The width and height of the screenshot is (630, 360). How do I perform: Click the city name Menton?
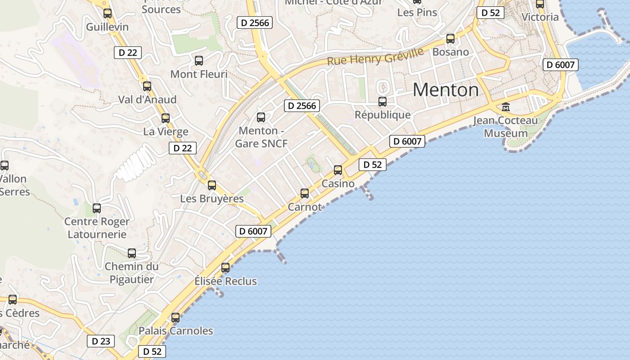pyautogui.click(x=445, y=90)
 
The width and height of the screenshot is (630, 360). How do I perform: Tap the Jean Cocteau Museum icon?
pyautogui.click(x=506, y=107)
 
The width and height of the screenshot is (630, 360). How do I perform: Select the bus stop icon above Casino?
pyautogui.click(x=338, y=170)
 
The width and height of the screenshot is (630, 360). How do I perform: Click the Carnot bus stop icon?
pyautogui.click(x=305, y=193)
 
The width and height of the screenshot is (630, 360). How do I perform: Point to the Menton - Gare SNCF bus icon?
pyautogui.click(x=261, y=117)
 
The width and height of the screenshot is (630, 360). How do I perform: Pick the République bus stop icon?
pyautogui.click(x=382, y=102)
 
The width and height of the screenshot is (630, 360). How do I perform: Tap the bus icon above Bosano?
pyautogui.click(x=450, y=39)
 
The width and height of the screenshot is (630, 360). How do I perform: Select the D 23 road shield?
pyautogui.click(x=101, y=341)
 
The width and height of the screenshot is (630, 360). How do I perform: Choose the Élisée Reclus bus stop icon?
pyautogui.click(x=225, y=268)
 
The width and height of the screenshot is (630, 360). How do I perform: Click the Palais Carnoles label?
pyautogui.click(x=175, y=331)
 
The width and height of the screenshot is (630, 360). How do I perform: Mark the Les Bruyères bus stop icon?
pyautogui.click(x=212, y=185)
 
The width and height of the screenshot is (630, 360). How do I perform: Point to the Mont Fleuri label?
pyautogui.click(x=199, y=74)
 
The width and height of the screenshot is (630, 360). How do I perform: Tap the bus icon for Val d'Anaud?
pyautogui.click(x=147, y=86)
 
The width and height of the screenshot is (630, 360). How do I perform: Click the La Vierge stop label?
pyautogui.click(x=166, y=132)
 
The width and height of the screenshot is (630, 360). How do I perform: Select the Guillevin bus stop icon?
pyautogui.click(x=108, y=13)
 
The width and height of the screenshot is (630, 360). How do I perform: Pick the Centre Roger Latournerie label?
pyautogui.click(x=97, y=228)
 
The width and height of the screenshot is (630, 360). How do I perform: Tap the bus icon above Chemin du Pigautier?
pyautogui.click(x=132, y=253)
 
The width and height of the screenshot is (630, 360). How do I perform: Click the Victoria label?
pyautogui.click(x=540, y=17)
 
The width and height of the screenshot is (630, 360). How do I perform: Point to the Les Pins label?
pyautogui.click(x=417, y=12)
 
